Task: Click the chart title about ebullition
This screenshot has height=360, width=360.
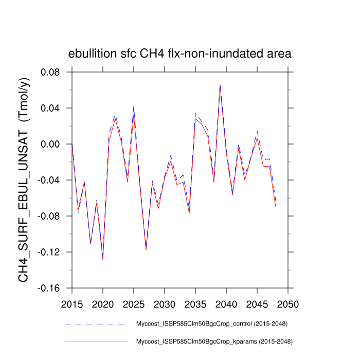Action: click(x=180, y=53)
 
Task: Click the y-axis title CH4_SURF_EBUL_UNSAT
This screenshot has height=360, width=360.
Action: click(x=24, y=180)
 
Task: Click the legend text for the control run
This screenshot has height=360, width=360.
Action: click(x=211, y=324)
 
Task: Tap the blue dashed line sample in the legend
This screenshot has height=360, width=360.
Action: click(x=96, y=324)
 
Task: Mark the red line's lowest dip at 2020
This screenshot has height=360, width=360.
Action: click(x=103, y=259)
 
